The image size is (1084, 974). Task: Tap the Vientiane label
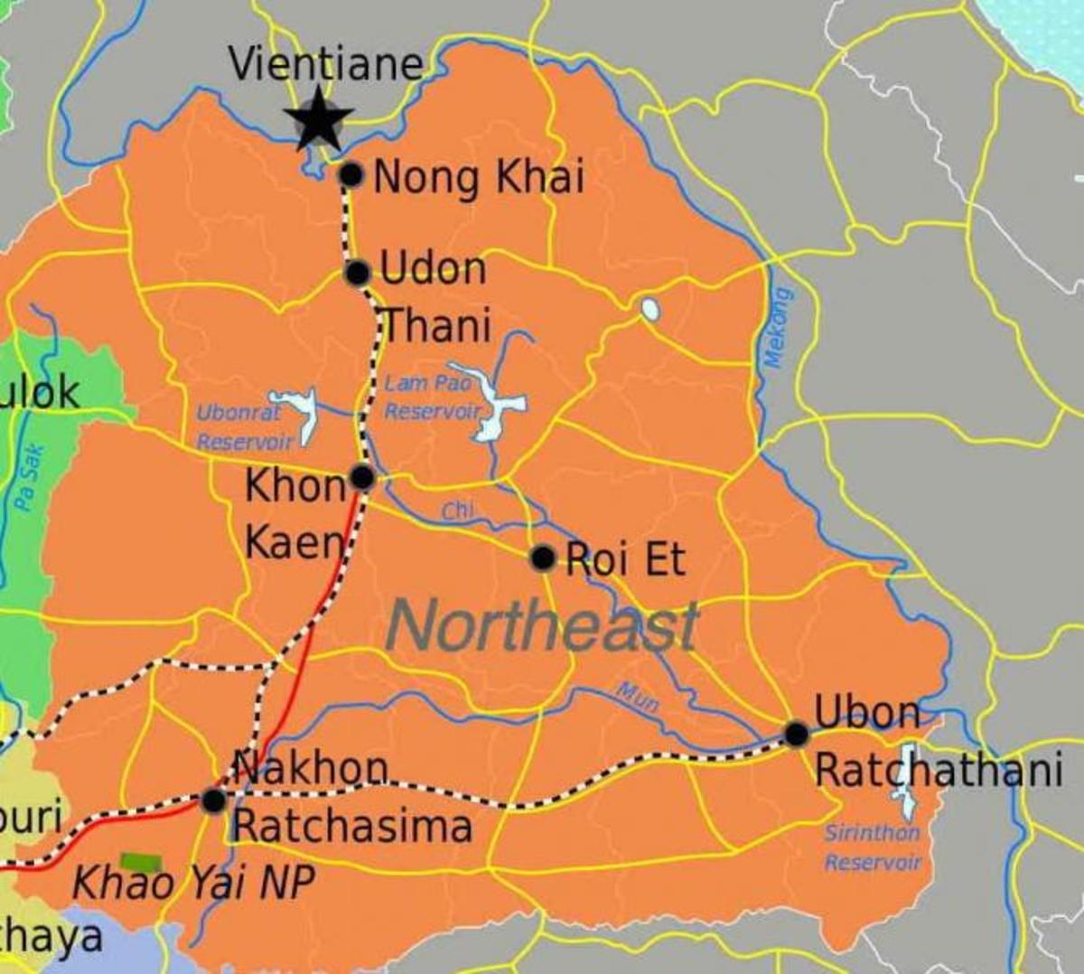[x=325, y=64]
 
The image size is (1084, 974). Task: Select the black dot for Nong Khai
[x=350, y=174]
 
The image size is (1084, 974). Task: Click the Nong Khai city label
[x=478, y=177]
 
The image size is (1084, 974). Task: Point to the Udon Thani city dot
[x=358, y=272]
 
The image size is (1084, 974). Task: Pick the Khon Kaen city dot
[x=362, y=476]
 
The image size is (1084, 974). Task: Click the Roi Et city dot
[x=542, y=557]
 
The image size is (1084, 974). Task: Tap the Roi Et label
[x=625, y=560]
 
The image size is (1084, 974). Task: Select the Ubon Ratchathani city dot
[x=796, y=734]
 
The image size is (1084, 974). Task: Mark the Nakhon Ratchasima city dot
[x=214, y=801]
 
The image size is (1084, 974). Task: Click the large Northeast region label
[x=542, y=626]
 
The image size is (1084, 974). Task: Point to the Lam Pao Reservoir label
[x=432, y=397]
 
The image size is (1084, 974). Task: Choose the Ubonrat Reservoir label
[x=243, y=426]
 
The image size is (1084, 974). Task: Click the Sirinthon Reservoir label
[x=872, y=847]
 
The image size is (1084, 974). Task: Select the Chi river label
[x=458, y=512]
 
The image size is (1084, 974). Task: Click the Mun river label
[x=638, y=697]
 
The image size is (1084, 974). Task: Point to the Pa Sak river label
[x=30, y=477]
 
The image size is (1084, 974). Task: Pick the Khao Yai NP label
[x=192, y=883]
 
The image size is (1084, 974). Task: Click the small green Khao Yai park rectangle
[x=141, y=861]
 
